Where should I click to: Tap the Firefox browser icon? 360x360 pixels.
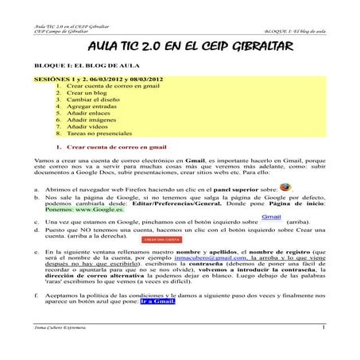288,188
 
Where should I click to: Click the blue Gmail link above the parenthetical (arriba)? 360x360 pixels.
272,216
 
